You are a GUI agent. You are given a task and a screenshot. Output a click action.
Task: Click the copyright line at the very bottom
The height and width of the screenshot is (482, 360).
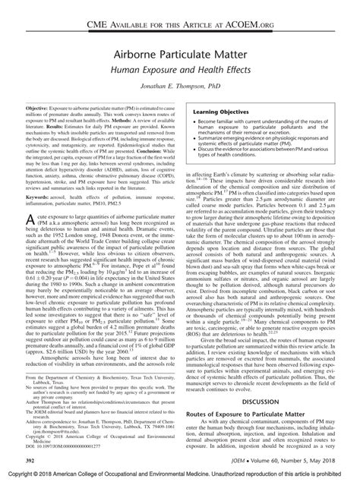pyautogui.click(x=179, y=474)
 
